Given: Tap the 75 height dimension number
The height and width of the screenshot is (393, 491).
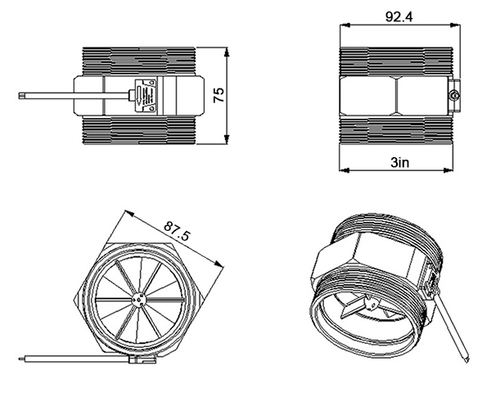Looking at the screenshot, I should pyautogui.click(x=218, y=96).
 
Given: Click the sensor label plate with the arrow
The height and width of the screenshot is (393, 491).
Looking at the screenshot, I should pyautogui.click(x=147, y=96).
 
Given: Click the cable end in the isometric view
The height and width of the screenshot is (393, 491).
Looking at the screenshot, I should pyautogui.click(x=466, y=358).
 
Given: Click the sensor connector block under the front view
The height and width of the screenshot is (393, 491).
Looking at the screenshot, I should pyautogui.click(x=139, y=359).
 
